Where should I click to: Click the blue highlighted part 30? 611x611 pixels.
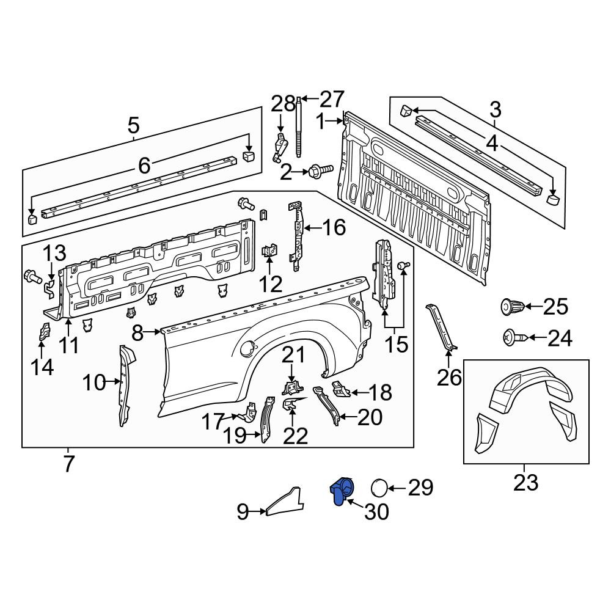(341, 491)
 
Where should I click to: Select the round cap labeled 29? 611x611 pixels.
(379, 488)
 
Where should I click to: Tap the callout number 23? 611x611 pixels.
(525, 482)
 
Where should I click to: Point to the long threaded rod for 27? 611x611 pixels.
(300, 128)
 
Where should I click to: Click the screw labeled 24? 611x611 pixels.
(512, 337)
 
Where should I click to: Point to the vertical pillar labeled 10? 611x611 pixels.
(125, 385)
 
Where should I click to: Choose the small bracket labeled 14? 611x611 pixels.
(44, 332)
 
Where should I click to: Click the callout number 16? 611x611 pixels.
(334, 228)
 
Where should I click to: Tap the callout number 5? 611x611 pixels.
(133, 126)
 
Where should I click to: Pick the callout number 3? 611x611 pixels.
(495, 110)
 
